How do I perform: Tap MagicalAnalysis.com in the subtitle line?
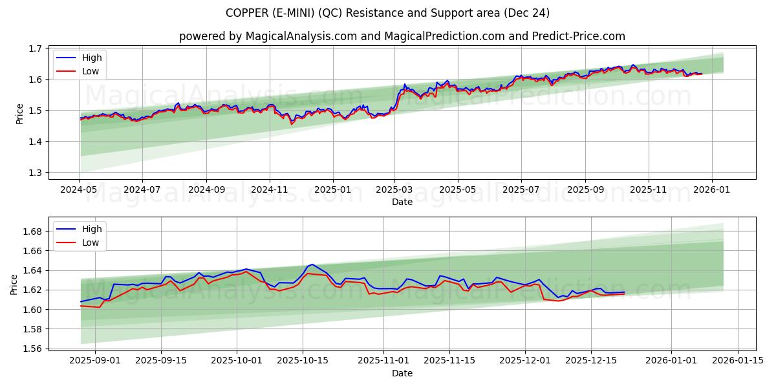(x=301, y=36)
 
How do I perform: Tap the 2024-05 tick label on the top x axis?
(x=79, y=190)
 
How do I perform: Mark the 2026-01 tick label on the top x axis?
(x=711, y=190)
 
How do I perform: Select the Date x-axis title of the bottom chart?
(x=402, y=373)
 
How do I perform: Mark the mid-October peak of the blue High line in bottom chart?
(x=312, y=264)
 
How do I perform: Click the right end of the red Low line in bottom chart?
(x=625, y=294)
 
